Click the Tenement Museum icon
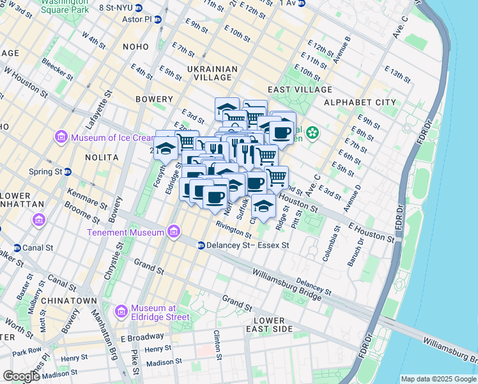(173, 232)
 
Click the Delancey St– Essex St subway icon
(201, 245)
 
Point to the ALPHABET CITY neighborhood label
(360, 102)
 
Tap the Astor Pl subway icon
(157, 20)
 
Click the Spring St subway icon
(67, 172)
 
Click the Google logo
(21, 376)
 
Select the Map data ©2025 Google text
(438, 379)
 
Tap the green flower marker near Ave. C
(312, 133)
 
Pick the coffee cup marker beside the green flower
(281, 132)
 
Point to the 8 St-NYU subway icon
(143, 8)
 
